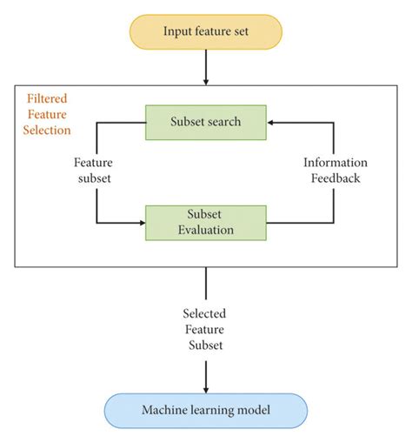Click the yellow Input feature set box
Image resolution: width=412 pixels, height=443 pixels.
pos(206,32)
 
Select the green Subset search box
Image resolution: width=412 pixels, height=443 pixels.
pos(205,123)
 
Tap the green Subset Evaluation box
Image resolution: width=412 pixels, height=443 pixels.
pos(205,221)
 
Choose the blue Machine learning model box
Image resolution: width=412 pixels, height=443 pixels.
pos(205,410)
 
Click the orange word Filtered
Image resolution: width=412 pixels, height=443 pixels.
pos(46,99)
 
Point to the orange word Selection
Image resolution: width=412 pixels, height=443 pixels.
pos(49,129)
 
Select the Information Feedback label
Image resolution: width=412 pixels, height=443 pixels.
pos(336,171)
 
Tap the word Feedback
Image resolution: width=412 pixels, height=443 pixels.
pos(336,178)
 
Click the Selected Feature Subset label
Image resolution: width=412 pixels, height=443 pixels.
pos(206,330)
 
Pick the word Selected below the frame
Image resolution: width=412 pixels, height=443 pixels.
pos(206,314)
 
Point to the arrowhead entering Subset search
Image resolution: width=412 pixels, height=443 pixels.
pos(272,123)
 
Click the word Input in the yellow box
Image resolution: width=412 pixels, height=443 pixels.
pos(177,32)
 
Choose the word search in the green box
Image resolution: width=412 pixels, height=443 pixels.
pos(224,123)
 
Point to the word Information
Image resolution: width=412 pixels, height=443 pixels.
pos(336,163)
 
